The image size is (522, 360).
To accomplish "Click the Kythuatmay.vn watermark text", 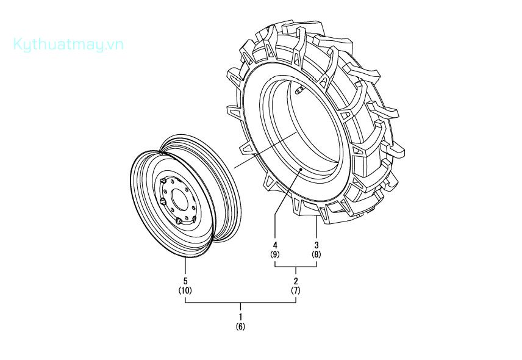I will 68,45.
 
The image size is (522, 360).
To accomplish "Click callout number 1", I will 241,317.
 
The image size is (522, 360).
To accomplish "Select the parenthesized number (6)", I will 241,326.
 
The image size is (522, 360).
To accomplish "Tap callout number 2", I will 296,281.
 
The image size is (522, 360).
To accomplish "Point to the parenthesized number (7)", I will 296,290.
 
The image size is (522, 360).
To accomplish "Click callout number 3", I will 316,245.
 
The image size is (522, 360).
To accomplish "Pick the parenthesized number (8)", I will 316,254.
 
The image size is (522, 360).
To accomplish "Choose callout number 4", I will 275,245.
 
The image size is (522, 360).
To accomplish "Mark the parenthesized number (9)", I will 275,254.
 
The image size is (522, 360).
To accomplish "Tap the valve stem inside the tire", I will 299,92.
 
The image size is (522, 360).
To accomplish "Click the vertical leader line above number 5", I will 185,266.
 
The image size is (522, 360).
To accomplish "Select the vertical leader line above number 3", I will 316,229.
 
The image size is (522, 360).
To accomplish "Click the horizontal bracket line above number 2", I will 296,268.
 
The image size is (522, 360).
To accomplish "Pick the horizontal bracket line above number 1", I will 241,303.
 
